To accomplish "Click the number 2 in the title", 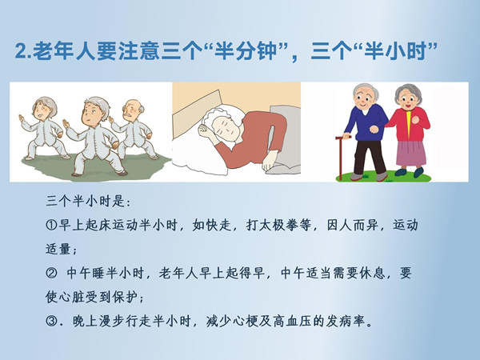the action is [21, 51].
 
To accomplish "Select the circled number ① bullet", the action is [51, 226].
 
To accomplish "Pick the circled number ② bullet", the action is [51, 273].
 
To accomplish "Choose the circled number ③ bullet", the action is [51, 321].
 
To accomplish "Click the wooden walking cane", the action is [341, 158].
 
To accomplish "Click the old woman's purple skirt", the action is [411, 153].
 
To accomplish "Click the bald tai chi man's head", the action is [133, 111].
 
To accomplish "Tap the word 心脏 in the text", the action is [65, 297].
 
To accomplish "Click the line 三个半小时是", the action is [89, 202].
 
